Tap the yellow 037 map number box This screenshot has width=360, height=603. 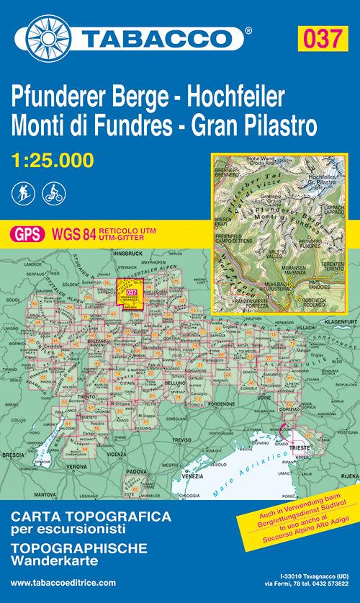pyautogui.click(x=324, y=37)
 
